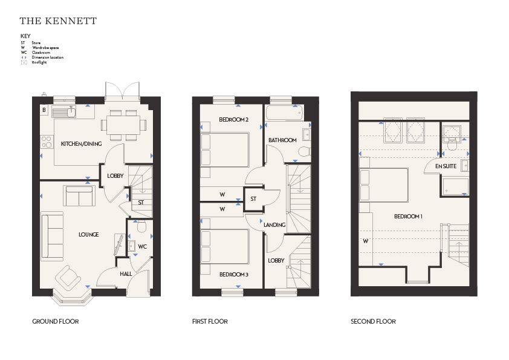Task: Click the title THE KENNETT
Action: [58, 21]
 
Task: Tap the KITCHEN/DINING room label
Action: [81, 144]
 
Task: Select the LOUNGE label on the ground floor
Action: [89, 235]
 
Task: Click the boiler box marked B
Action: [44, 110]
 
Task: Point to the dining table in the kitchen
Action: [123, 125]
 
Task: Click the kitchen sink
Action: [64, 112]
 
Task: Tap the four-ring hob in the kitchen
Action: [47, 142]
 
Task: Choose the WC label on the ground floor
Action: [142, 247]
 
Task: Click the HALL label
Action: [126, 274]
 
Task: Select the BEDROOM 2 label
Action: [234, 120]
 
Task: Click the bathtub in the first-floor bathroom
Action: [285, 113]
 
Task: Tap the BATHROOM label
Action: [282, 140]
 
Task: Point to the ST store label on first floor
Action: [253, 199]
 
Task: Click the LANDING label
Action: [274, 225]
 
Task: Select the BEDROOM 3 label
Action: [234, 275]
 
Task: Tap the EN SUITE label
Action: [446, 166]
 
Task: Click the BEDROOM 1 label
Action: [409, 217]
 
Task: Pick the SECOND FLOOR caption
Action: [374, 322]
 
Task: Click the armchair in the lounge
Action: [68, 277]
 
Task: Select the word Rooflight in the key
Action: [39, 62]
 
